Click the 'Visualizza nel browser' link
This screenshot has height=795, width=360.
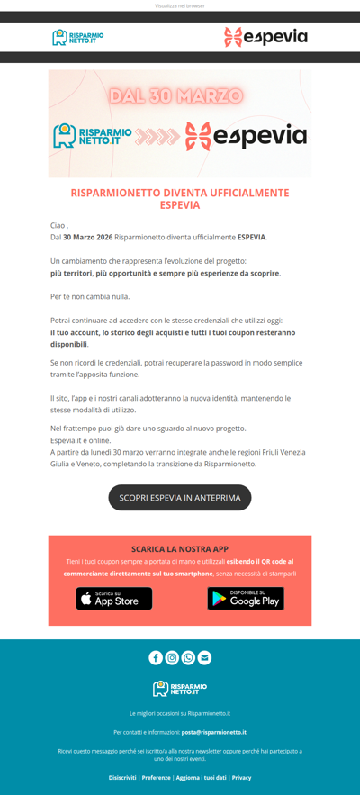[x=180, y=5]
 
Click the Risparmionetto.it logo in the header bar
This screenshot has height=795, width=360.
[x=78, y=37]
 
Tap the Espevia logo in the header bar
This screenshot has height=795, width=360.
[x=265, y=37]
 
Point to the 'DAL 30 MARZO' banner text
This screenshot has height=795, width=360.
[x=176, y=95]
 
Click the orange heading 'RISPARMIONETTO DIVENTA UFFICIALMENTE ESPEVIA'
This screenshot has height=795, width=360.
[x=180, y=199]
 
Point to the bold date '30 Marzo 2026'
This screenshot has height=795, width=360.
[x=88, y=238]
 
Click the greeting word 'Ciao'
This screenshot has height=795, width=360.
[x=58, y=225]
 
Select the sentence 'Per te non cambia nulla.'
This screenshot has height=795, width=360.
[x=90, y=296]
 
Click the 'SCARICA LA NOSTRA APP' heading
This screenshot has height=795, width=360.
[x=180, y=548]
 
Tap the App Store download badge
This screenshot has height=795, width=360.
[x=114, y=599]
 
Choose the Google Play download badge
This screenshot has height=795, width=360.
[x=246, y=599]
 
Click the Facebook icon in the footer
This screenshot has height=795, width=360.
[x=156, y=657]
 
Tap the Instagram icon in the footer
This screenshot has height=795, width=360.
[x=172, y=657]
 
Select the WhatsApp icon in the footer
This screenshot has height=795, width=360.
[x=188, y=657]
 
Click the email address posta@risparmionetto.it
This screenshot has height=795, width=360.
[x=213, y=732]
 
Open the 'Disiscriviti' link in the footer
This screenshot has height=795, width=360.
[x=122, y=777]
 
